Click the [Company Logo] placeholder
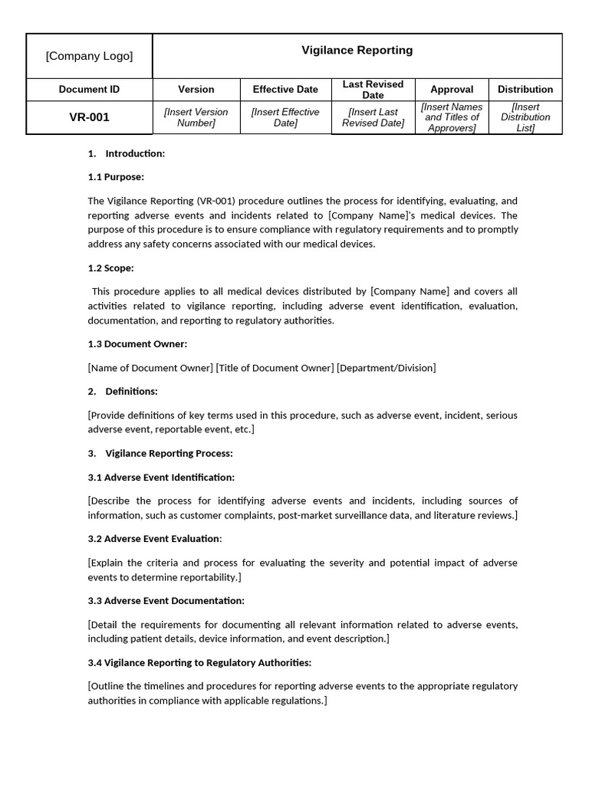[89, 56]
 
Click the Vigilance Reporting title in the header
[357, 51]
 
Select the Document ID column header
[89, 90]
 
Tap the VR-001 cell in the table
[89, 117]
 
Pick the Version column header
[196, 90]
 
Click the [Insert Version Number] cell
[196, 117]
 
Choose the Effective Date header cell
[285, 90]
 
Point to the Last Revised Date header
[373, 90]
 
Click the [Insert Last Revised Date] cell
[373, 117]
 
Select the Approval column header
[452, 90]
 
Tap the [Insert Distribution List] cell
[525, 117]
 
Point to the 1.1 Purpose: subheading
[116, 177]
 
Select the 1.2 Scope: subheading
[110, 268]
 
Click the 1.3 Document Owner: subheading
[137, 344]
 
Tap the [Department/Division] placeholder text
[386, 368]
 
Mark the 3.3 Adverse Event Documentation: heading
[166, 601]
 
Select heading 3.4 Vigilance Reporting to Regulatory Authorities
[199, 663]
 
